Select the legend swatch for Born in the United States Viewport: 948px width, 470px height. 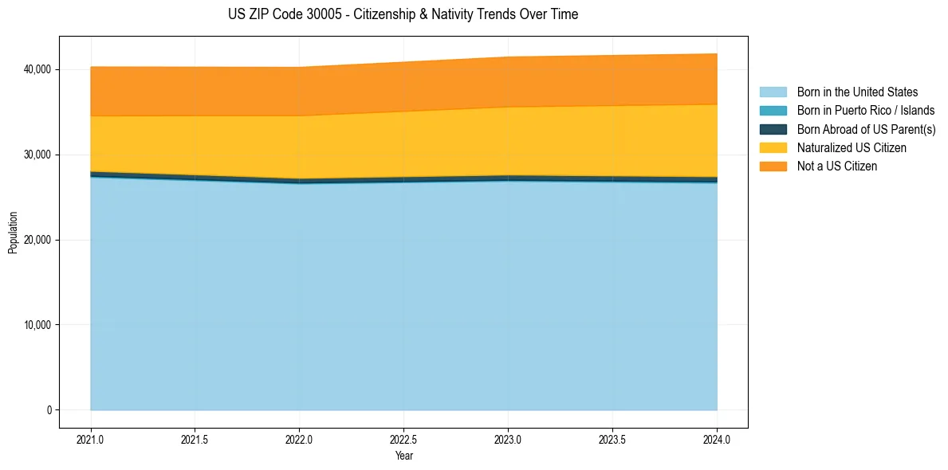click(773, 92)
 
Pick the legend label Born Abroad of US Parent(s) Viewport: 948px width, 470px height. click(866, 129)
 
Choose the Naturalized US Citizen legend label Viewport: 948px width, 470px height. click(852, 148)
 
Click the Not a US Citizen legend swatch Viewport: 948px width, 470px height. click(773, 166)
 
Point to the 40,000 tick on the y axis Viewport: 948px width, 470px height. click(37, 69)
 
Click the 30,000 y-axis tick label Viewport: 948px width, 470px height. click(37, 155)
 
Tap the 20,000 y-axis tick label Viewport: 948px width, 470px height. click(37, 240)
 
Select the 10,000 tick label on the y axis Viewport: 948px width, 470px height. click(37, 325)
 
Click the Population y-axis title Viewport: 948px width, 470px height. click(13, 233)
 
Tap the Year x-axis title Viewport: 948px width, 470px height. click(404, 456)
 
